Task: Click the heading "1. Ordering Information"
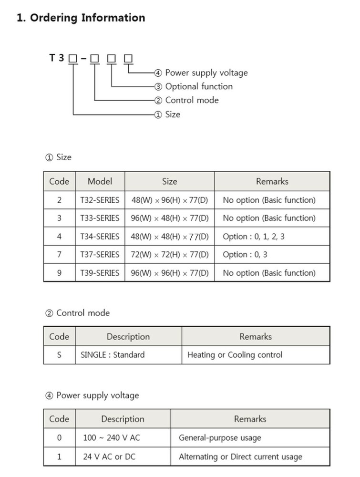click(x=81, y=18)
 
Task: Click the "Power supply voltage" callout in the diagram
click(x=206, y=73)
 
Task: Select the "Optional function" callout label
click(x=198, y=87)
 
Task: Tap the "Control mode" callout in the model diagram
click(x=192, y=100)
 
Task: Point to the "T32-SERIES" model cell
click(x=100, y=200)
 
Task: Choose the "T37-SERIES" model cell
click(x=100, y=255)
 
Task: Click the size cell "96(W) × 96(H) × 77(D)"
click(x=170, y=273)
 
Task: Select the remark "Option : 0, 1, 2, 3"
click(x=253, y=237)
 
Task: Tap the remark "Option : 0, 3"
click(x=245, y=255)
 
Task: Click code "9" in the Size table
click(x=59, y=273)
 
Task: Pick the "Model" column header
click(x=100, y=182)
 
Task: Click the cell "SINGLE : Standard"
click(x=113, y=355)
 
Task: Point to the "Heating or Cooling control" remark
click(x=235, y=355)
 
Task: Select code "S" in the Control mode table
click(x=59, y=355)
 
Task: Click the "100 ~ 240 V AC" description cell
click(x=112, y=438)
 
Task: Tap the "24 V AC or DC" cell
click(x=109, y=456)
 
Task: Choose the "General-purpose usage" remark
click(x=220, y=438)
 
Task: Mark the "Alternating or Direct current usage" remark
click(x=240, y=456)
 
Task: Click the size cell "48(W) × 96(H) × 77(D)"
click(x=170, y=200)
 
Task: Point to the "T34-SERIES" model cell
click(x=100, y=237)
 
